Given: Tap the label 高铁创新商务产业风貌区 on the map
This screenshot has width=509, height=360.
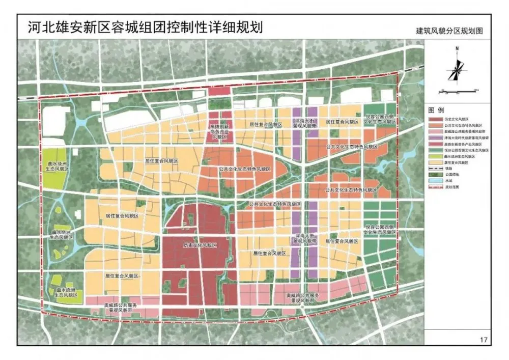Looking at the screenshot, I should click(x=219, y=132).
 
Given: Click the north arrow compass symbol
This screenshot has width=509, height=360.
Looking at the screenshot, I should click(x=456, y=67).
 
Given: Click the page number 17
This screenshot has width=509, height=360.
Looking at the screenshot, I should click(x=483, y=339).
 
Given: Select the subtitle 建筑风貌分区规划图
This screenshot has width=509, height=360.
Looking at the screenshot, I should click(x=448, y=31).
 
